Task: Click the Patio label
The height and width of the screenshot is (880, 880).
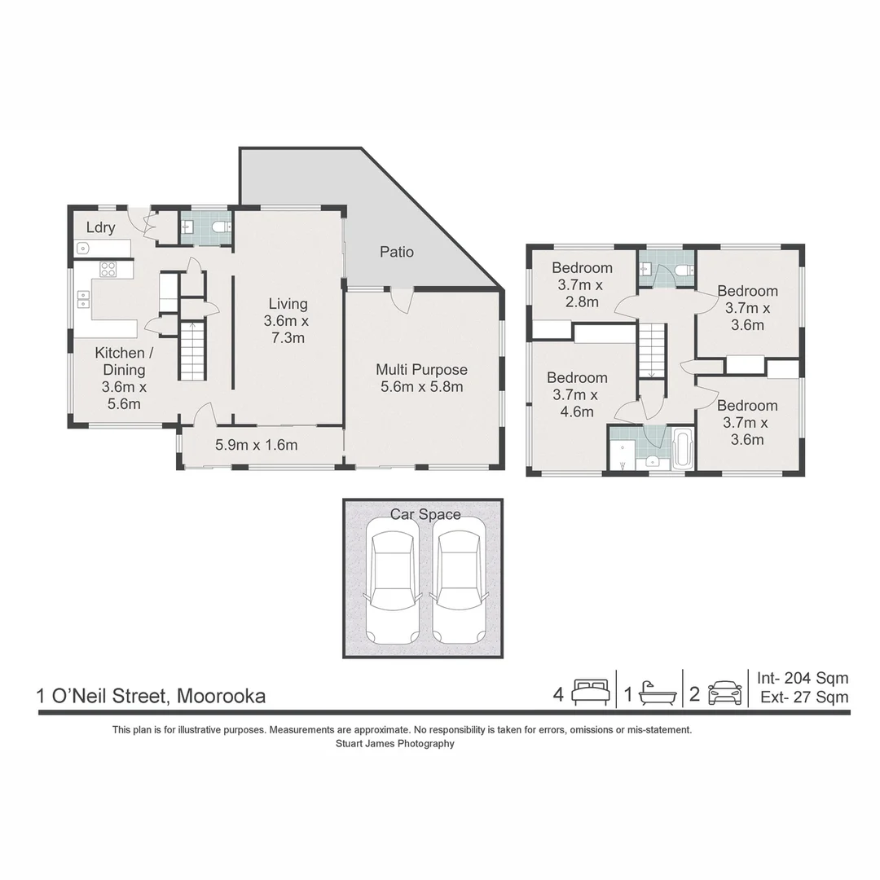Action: pos(397,252)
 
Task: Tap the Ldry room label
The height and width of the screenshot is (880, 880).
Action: pos(100,227)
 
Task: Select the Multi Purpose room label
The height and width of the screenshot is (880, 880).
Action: pos(421,378)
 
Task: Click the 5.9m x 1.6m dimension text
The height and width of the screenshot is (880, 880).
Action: pos(257,445)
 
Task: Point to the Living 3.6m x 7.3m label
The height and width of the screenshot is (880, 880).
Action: pos(288,320)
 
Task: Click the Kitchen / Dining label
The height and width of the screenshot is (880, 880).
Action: pos(124,378)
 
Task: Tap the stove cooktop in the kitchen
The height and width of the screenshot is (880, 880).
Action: pos(108,270)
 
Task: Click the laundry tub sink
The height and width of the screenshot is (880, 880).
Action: pos(82,248)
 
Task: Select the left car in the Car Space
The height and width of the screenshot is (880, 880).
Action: pos(393,587)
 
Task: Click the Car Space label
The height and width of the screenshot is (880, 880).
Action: pos(425,514)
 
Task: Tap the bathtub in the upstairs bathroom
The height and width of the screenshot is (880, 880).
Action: pos(683,448)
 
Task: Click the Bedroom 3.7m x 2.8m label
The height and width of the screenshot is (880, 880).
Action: pos(582,284)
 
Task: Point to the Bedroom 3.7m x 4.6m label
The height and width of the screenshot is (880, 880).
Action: pos(577,394)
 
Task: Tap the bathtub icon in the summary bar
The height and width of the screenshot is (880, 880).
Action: pos(658,693)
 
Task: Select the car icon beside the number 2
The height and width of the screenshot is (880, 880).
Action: pos(725,693)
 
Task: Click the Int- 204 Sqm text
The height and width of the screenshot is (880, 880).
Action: pos(803,678)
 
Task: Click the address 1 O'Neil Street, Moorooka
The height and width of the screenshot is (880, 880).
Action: pos(151,697)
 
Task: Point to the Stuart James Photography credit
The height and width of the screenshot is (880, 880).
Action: pos(395,744)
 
